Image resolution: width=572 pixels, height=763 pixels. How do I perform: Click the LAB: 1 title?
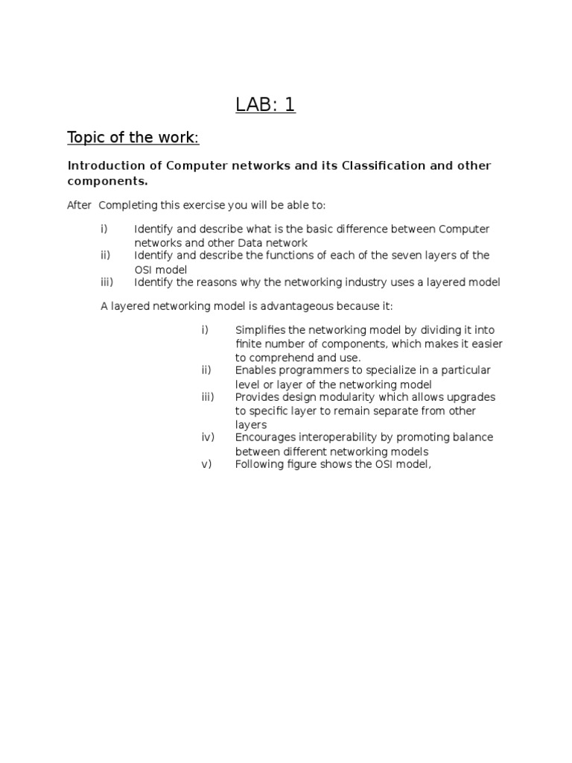[266, 105]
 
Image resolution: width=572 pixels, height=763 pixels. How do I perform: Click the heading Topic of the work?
[133, 137]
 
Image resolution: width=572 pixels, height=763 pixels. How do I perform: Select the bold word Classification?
[381, 165]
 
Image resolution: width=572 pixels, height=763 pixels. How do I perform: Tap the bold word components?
[107, 181]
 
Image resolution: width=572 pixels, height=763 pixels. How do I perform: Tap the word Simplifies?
[261, 330]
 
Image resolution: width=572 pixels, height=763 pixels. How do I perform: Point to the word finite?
[248, 344]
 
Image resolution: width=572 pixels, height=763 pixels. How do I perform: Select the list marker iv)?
[208, 437]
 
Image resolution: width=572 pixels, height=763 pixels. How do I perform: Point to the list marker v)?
[206, 464]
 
